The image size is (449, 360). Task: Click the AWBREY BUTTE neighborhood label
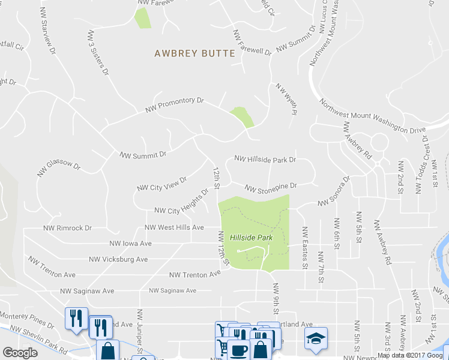(194, 53)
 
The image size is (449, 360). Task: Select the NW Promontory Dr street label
(175, 106)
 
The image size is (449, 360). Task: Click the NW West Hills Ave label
(174, 228)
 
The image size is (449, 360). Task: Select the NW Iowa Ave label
(130, 244)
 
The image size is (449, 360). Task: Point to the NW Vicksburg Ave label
(118, 260)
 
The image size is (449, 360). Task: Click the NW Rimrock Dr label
(67, 229)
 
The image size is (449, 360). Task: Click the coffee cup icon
(237, 349)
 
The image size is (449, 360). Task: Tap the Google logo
(20, 353)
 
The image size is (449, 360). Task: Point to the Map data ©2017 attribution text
(412, 355)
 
